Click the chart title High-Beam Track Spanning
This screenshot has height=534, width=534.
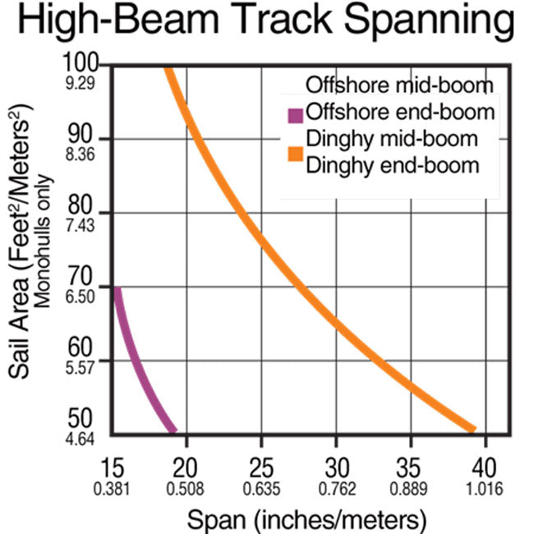267,23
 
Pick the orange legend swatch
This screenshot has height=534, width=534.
294,151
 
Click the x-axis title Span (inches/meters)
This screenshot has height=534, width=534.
307,518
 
